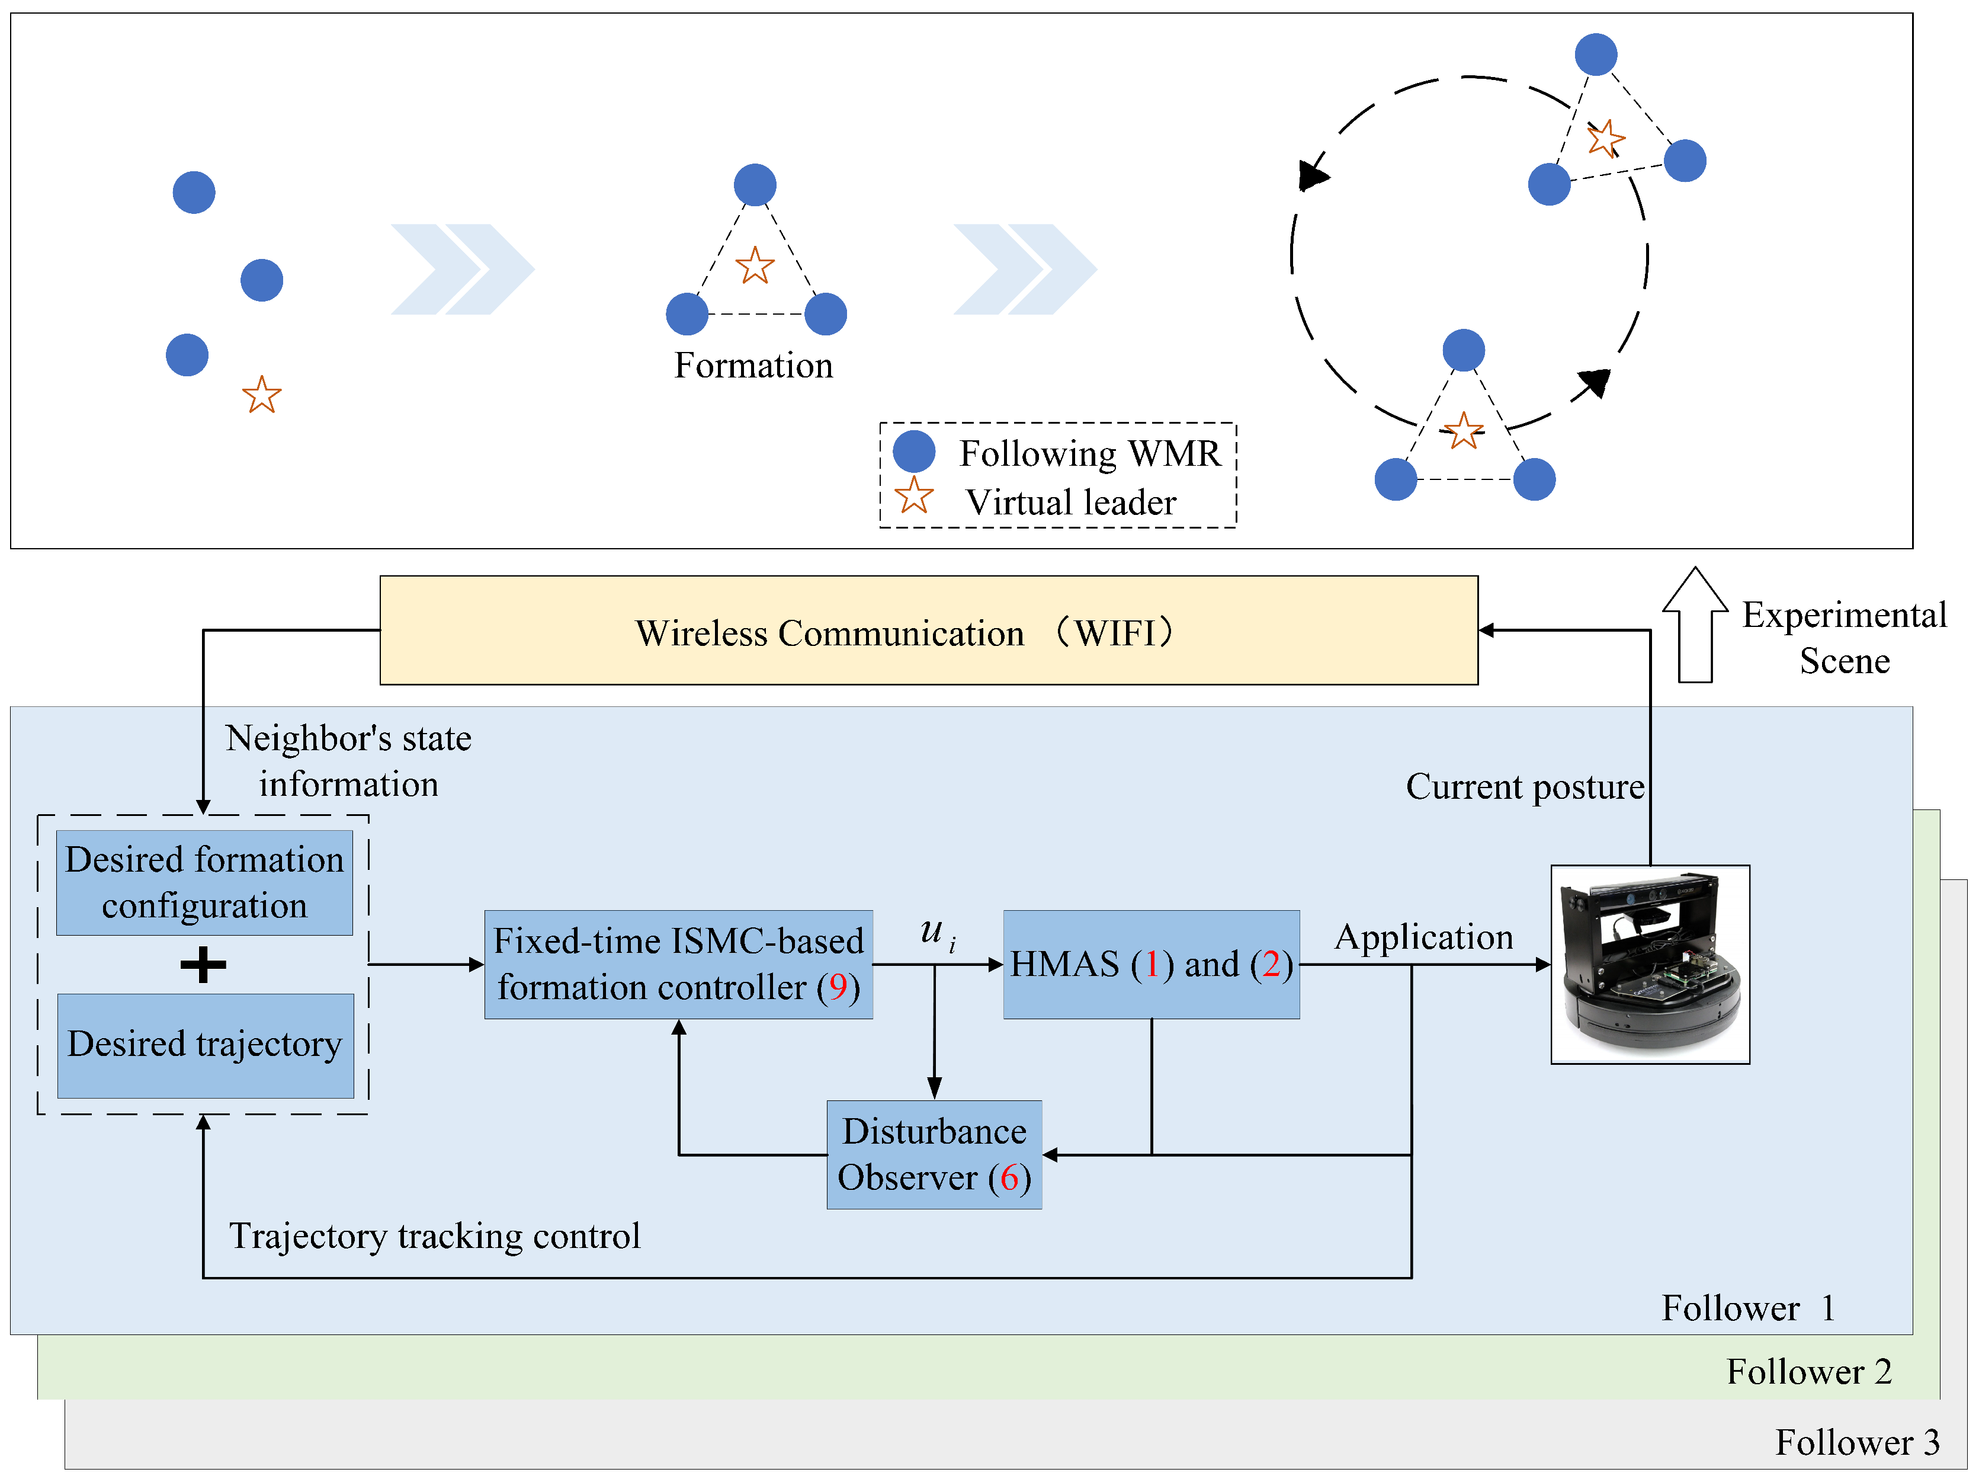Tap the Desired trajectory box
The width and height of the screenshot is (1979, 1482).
[x=205, y=1045]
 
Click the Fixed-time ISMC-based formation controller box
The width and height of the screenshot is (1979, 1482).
[x=678, y=964]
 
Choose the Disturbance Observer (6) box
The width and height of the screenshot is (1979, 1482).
[x=934, y=1154]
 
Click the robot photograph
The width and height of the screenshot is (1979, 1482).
[x=1650, y=964]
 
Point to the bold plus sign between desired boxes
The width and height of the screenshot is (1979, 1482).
[x=203, y=965]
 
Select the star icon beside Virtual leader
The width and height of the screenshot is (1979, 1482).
[x=913, y=496]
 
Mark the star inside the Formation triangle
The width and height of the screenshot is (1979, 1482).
[x=754, y=266]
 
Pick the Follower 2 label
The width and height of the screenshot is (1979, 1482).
[x=1809, y=1371]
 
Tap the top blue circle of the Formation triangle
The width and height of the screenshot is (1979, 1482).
[x=754, y=185]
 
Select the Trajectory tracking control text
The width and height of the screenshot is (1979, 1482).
[x=435, y=1236]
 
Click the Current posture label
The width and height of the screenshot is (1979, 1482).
[x=1525, y=787]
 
